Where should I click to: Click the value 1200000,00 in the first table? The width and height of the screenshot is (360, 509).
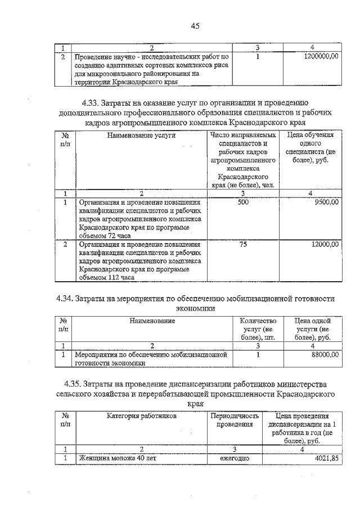pyautogui.click(x=319, y=57)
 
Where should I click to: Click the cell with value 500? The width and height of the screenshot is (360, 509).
pyautogui.click(x=243, y=202)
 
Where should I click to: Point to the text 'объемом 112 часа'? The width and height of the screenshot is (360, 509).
pyautogui.click(x=106, y=277)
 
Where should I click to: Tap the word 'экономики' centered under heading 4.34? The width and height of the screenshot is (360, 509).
pyautogui.click(x=195, y=309)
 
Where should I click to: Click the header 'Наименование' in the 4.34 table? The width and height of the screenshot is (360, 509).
pyautogui.click(x=152, y=321)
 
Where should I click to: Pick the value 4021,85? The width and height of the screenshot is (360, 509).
pyautogui.click(x=325, y=458)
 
